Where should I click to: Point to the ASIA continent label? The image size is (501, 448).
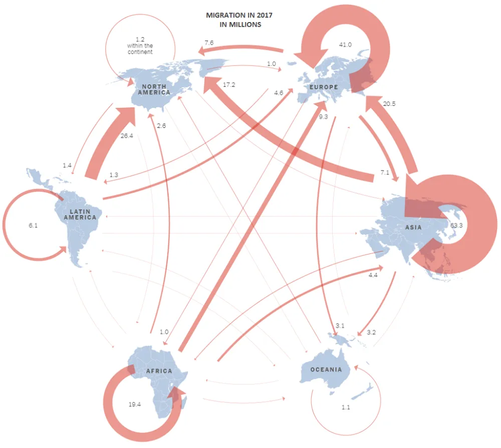(413, 228)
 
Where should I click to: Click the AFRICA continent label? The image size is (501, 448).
(159, 371)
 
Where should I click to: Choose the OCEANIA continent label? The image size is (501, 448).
(326, 370)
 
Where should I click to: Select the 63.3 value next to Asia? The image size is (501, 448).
(456, 226)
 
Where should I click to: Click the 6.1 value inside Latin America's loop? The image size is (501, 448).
(34, 226)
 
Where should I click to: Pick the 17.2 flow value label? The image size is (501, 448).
(229, 85)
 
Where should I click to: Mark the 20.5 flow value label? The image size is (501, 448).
(389, 104)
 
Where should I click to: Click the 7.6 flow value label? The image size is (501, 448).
(209, 43)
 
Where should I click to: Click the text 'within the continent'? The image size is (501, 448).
(140, 49)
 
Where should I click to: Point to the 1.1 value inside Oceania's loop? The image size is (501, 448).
(346, 407)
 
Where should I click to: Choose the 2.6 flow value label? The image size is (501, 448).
(161, 125)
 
